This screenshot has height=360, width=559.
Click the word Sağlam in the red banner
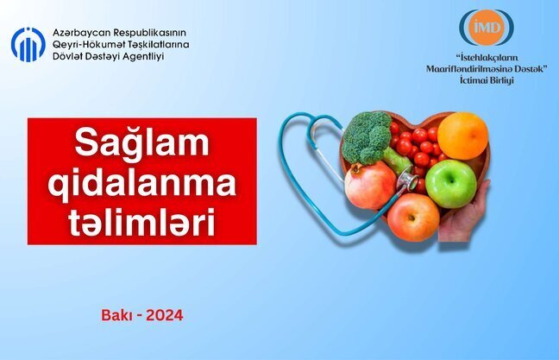click(142, 142)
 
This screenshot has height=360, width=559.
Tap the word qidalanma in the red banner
click(142, 183)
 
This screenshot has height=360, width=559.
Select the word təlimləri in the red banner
click(142, 220)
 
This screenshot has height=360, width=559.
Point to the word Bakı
click(116, 315)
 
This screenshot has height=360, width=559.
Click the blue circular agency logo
click(28, 44)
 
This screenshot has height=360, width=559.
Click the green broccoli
click(367, 136)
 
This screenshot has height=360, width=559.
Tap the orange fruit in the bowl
click(462, 135)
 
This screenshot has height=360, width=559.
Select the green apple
click(450, 183)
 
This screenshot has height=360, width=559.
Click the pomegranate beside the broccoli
click(370, 185)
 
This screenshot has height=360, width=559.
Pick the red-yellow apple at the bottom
click(412, 217)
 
